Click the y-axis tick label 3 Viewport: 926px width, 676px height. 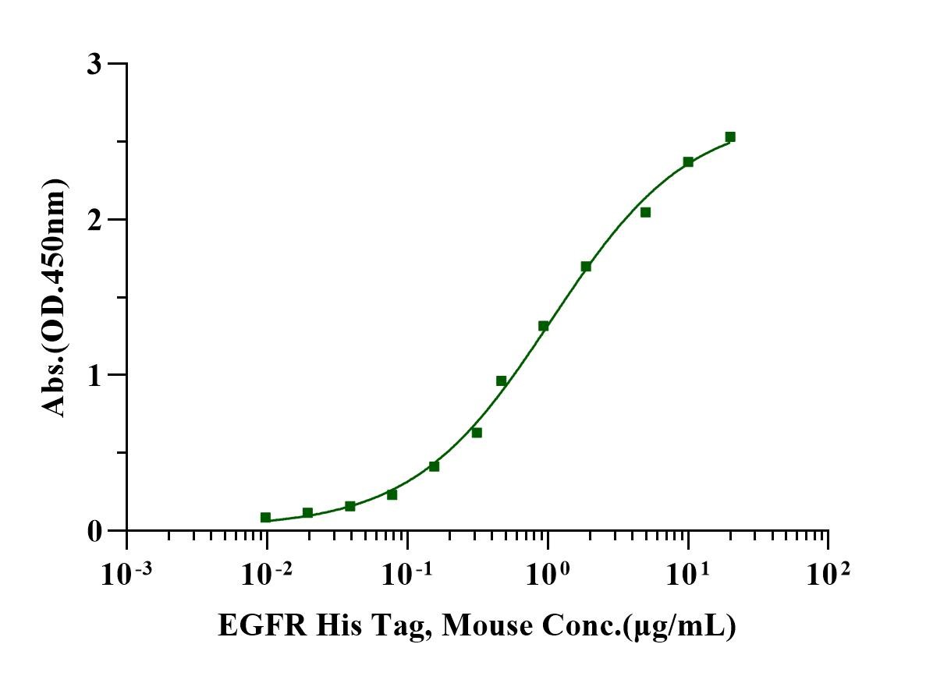pos(94,64)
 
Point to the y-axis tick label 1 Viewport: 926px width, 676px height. pos(94,375)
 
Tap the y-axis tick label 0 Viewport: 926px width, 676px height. pos(94,531)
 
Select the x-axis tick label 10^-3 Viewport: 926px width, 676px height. pos(127,575)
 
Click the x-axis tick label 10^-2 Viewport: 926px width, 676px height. pos(268,575)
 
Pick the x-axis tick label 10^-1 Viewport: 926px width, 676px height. pos(407,575)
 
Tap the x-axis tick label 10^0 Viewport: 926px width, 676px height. pos(548,575)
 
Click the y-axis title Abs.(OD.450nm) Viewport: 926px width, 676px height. pos(55,297)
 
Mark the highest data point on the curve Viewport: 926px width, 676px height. pos(730,137)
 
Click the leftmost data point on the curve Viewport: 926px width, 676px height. pos(266,517)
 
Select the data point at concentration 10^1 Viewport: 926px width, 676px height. pos(688,162)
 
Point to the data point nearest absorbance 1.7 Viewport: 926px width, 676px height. pos(586,267)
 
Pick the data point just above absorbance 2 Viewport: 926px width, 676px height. pos(645,212)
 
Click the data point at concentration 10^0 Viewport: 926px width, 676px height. pos(544,326)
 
